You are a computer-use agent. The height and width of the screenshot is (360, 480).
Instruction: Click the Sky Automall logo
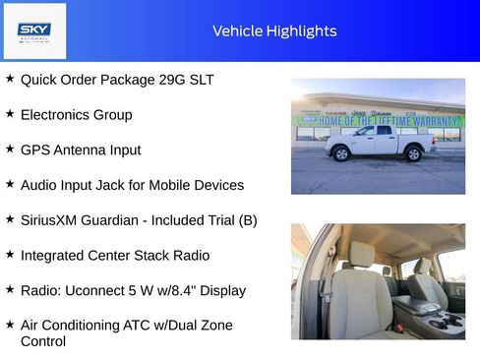34,30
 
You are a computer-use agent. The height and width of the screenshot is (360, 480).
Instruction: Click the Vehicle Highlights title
274,30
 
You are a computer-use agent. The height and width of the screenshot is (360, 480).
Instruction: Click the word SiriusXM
54,220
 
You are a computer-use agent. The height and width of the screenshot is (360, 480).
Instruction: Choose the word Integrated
55,256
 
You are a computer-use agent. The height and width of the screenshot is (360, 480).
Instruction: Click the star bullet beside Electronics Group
10,114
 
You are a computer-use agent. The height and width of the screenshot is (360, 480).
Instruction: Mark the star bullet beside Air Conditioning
10,325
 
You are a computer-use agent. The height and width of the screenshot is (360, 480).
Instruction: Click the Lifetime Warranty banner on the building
379,121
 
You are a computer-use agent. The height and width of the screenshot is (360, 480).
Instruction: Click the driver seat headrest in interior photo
363,253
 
